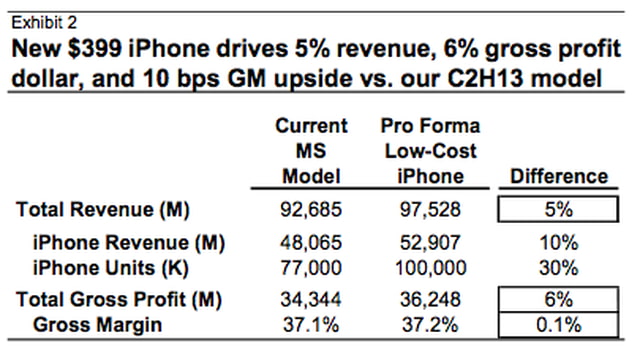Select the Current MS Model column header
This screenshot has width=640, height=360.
pyautogui.click(x=312, y=151)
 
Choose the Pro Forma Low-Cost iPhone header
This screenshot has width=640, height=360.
pyautogui.click(x=430, y=151)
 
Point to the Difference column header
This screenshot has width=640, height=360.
pyautogui.click(x=557, y=176)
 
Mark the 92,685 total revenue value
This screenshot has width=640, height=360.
pyautogui.click(x=312, y=210)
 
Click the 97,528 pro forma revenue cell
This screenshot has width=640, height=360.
pyautogui.click(x=430, y=210)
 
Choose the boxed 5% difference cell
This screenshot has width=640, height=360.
pyautogui.click(x=557, y=210)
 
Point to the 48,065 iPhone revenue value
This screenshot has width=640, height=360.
pyautogui.click(x=312, y=243)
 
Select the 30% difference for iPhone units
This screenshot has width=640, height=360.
pyautogui.click(x=557, y=267)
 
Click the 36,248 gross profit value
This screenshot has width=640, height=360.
pyautogui.click(x=430, y=300)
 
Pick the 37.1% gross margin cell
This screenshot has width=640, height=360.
pyautogui.click(x=312, y=324)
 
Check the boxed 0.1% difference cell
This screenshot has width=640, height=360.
pyautogui.click(x=557, y=324)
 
